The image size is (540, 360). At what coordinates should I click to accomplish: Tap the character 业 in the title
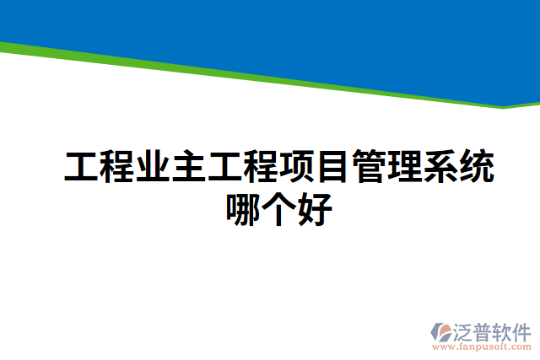pyautogui.click(x=154, y=168)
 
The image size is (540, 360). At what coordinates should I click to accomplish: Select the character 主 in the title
pyautogui.click(x=191, y=168)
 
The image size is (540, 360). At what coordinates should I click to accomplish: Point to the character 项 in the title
pyautogui.click(x=297, y=168)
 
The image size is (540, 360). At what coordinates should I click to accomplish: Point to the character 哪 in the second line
pyautogui.click(x=244, y=208)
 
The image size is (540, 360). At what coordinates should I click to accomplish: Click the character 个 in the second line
pyautogui.click(x=279, y=208)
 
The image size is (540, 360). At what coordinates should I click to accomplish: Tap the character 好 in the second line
pyautogui.click(x=315, y=208)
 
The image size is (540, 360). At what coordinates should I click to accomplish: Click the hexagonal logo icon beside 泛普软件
pyautogui.click(x=441, y=330)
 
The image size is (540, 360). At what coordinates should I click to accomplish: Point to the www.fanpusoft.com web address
pyautogui.click(x=482, y=347)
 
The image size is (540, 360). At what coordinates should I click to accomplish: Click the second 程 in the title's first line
pyautogui.click(x=262, y=168)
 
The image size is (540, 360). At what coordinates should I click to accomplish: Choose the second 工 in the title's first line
pyautogui.click(x=226, y=168)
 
